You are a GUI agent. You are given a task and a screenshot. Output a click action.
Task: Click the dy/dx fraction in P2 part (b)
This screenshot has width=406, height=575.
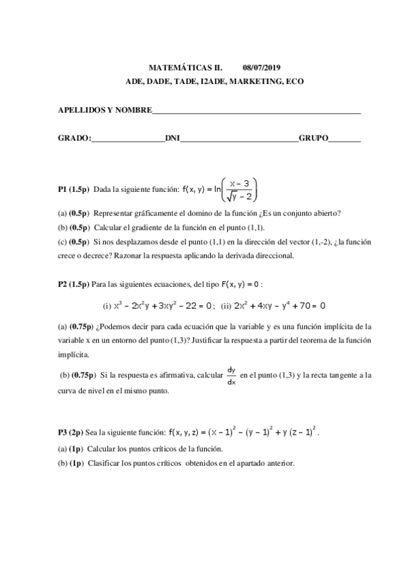(231, 375)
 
